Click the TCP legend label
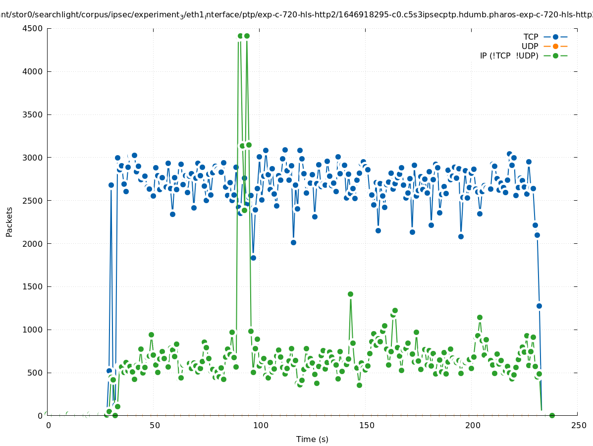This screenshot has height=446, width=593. (x=531, y=37)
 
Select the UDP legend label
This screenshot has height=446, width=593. (x=530, y=46)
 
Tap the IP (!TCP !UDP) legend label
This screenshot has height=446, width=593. (x=509, y=56)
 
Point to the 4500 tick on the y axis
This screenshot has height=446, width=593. (x=32, y=28)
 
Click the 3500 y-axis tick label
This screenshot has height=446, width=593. (x=32, y=114)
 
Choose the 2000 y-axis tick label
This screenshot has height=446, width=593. (x=32, y=244)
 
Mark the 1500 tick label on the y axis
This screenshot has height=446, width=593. (x=32, y=287)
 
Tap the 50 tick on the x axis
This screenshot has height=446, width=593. (x=155, y=425)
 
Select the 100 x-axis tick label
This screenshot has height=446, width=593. (x=261, y=425)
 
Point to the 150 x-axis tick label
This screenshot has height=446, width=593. (x=367, y=425)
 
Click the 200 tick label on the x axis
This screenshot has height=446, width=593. (x=473, y=425)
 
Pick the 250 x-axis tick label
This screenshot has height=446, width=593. (x=578, y=425)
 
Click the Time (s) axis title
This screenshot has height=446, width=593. (x=312, y=439)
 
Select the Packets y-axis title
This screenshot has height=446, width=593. (x=9, y=222)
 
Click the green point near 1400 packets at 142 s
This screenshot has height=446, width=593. (x=350, y=294)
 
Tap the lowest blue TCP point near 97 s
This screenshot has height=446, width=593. (x=253, y=258)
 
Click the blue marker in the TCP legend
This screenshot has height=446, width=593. (x=555, y=37)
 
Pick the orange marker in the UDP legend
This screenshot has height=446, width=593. (x=555, y=46)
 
